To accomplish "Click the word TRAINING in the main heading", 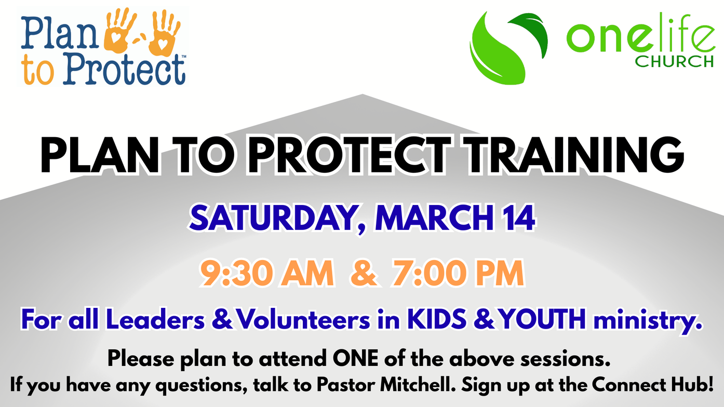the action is pyautogui.click(x=573, y=155).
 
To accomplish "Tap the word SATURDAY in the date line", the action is pyautogui.click(x=273, y=218).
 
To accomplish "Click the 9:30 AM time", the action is pyautogui.click(x=267, y=273).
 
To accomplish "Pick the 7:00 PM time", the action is pyautogui.click(x=458, y=273).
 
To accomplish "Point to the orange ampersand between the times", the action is pyautogui.click(x=364, y=273).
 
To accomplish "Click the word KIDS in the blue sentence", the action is pyautogui.click(x=437, y=319).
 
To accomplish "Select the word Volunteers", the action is pyautogui.click(x=303, y=319).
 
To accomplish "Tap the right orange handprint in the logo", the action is pyautogui.click(x=164, y=33).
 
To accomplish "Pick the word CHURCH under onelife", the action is pyautogui.click(x=674, y=61).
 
